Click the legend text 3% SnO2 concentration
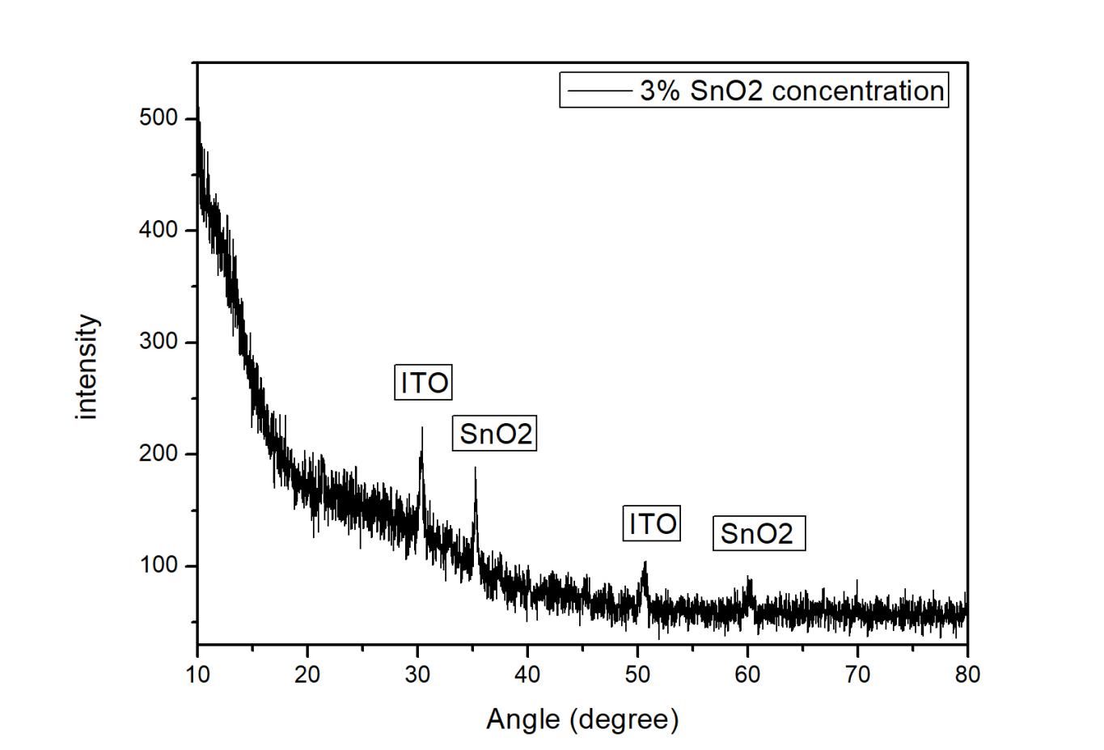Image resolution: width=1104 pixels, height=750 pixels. click(x=792, y=90)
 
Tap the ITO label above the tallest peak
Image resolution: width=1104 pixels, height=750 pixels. click(x=424, y=383)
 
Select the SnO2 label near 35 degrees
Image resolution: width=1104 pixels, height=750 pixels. click(x=495, y=434)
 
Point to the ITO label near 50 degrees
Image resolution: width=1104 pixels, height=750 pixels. click(x=652, y=523)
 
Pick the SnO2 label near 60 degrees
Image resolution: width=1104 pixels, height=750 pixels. click(x=758, y=534)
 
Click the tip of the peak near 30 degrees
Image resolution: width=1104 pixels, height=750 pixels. click(x=421, y=428)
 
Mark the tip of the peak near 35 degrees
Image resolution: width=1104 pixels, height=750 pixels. click(x=475, y=468)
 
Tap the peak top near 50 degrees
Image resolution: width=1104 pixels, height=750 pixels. click(x=645, y=561)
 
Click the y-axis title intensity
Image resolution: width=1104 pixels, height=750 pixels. click(x=86, y=367)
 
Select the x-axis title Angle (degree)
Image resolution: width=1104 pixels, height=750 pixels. click(x=582, y=718)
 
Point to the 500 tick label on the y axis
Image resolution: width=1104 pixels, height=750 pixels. click(x=158, y=118)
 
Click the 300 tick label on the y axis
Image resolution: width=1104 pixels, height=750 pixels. click(x=158, y=342)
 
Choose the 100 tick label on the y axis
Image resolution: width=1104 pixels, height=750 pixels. click(x=158, y=566)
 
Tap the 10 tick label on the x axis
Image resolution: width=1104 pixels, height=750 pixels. click(x=197, y=675)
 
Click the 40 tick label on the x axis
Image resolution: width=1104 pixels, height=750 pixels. click(x=527, y=675)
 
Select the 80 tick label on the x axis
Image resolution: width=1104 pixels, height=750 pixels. click(x=967, y=675)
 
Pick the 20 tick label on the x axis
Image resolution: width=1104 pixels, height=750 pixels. click(x=307, y=675)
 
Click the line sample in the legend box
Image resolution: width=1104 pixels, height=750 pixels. click(x=599, y=91)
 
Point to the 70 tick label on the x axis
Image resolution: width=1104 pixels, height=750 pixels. click(x=857, y=675)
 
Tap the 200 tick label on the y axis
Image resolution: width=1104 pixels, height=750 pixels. click(x=158, y=454)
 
